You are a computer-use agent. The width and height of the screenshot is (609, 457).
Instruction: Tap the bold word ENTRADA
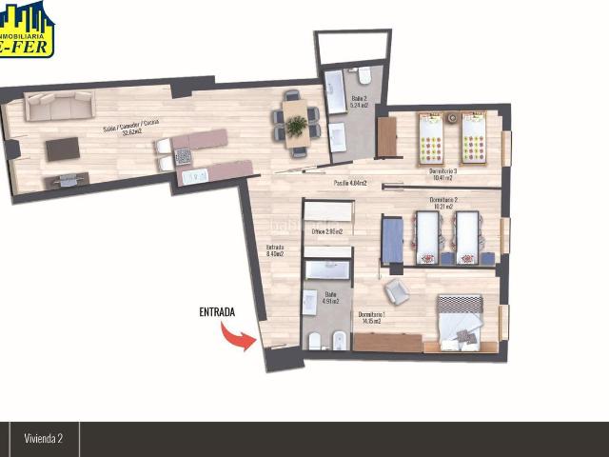(216, 311)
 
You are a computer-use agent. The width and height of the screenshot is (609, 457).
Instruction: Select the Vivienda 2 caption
(44, 438)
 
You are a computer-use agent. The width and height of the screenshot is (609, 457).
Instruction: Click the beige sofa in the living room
(59, 107)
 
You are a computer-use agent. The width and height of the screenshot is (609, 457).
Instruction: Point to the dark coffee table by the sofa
(63, 149)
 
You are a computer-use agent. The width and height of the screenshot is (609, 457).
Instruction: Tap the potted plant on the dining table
(297, 125)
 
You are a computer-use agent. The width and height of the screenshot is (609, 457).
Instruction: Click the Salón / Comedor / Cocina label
(131, 130)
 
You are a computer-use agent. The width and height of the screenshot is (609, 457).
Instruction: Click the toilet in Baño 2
(363, 74)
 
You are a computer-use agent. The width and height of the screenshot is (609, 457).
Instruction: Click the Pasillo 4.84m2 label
(350, 184)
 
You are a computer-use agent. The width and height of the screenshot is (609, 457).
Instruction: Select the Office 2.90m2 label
(325, 231)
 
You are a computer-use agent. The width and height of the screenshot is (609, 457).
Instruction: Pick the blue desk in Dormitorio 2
(392, 239)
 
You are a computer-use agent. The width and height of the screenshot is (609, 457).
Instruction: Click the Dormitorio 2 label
(442, 203)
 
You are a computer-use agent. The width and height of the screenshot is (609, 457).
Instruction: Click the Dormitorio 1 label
(371, 317)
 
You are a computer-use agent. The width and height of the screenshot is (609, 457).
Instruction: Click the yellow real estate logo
(26, 29)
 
